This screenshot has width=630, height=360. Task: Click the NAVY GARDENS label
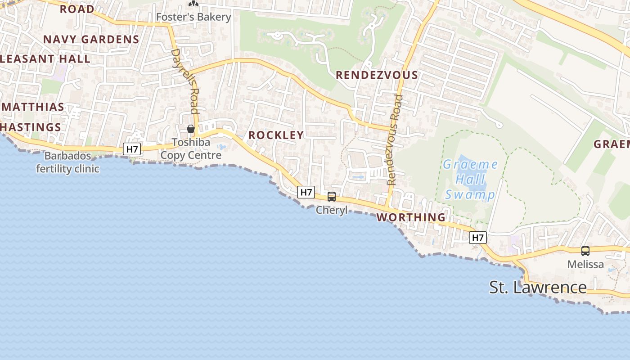coord(91,40)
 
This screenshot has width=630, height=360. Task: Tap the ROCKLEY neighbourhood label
coord(276,135)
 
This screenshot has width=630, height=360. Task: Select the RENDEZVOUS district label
coord(377,75)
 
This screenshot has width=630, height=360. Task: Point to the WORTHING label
coord(411,217)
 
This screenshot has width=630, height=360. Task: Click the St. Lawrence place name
coord(538,288)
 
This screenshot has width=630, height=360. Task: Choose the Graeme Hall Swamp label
coord(470,179)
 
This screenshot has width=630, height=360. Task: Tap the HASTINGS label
coord(31,127)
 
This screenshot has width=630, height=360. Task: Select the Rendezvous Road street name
coord(395,139)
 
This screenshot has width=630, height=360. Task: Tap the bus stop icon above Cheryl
coord(332,197)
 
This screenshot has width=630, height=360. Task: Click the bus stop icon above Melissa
coord(585,251)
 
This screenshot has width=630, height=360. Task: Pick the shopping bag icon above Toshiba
coord(191,129)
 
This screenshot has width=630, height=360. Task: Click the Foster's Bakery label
coord(193,17)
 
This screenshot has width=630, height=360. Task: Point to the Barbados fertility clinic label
coord(67,162)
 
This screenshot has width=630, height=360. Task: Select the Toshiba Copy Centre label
coord(191,149)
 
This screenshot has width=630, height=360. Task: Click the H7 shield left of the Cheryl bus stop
coord(306,192)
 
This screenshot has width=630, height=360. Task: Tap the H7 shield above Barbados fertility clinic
coord(132,149)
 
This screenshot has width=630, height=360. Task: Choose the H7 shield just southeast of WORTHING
coord(478,237)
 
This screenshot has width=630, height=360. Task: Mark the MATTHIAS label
coord(33,107)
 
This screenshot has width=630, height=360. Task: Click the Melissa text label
coord(585,264)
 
